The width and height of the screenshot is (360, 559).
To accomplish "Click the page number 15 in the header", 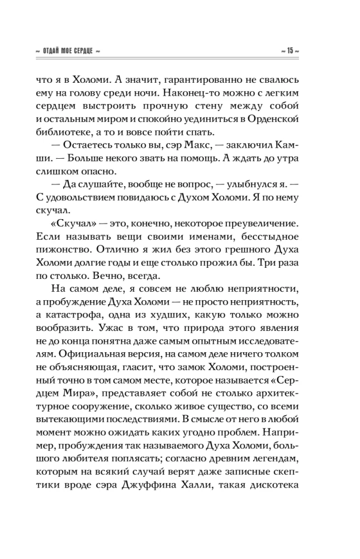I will [x=291, y=51].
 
